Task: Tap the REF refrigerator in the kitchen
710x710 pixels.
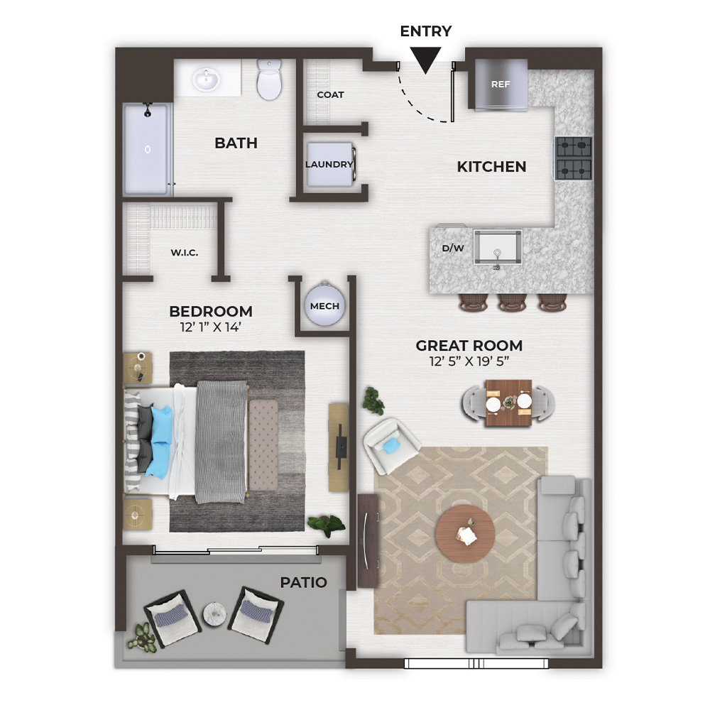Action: point(501,84)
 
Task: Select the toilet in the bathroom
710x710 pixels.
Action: point(269,80)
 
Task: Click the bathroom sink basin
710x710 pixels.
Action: point(206,80)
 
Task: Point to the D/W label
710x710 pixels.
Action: point(453,248)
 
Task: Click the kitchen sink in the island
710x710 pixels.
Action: point(498,247)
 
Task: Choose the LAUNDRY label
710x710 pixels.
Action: point(329,165)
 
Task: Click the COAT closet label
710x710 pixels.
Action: point(331,94)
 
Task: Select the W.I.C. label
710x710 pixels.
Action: point(185,253)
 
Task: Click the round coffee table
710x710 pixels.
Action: point(465,535)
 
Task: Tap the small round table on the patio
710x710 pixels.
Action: point(214,613)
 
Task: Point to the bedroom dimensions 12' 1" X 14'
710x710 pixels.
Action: point(211,327)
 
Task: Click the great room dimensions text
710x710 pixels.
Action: point(469,361)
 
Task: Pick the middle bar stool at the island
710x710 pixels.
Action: point(512,302)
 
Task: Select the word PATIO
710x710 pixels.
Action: point(303,582)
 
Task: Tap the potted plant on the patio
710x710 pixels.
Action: point(143,638)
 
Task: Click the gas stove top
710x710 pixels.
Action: point(574,158)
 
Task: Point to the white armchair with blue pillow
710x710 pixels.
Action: point(390,445)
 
